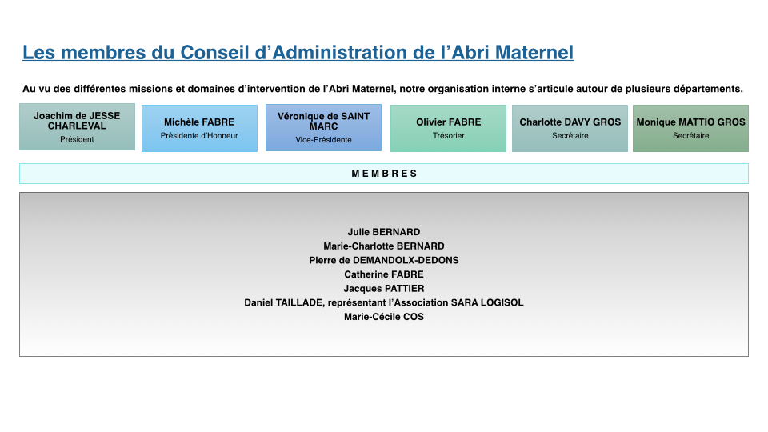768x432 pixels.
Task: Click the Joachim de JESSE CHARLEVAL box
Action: (x=77, y=127)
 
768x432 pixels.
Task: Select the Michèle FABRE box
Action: (x=199, y=128)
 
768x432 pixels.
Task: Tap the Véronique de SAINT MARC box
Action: (x=323, y=128)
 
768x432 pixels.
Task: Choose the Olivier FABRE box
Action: (x=448, y=128)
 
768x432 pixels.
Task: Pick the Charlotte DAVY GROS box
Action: (x=570, y=128)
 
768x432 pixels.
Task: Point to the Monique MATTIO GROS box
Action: (x=690, y=128)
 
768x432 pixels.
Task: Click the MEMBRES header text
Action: (x=384, y=174)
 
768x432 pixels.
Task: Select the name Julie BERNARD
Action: (x=384, y=232)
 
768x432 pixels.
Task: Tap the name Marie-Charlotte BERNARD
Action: (x=384, y=246)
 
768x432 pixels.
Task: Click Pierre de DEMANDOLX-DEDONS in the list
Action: (x=384, y=261)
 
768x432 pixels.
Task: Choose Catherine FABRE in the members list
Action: (x=384, y=274)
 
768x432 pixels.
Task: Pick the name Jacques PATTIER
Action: (x=384, y=289)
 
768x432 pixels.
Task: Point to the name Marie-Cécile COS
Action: (x=384, y=317)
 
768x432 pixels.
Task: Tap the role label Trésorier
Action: (x=448, y=136)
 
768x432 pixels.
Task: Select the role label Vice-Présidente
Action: (x=323, y=139)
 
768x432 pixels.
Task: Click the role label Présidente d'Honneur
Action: (x=199, y=136)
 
